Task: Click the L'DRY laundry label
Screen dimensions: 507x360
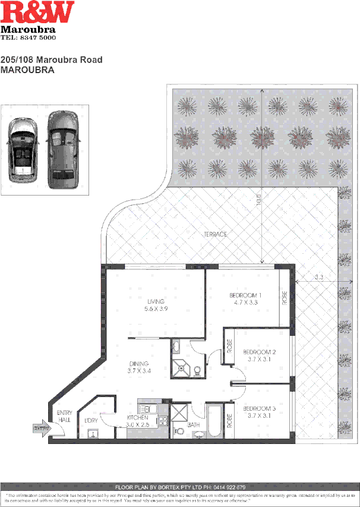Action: [91, 420]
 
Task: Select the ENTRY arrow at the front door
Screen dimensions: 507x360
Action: [41, 427]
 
